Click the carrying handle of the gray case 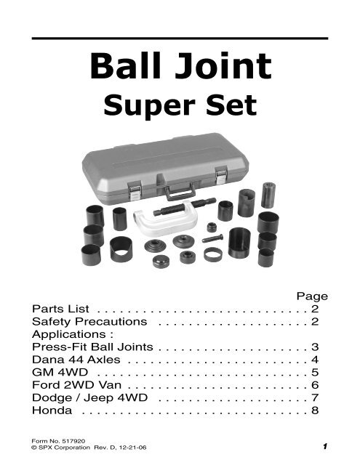(x=180, y=192)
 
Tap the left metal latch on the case (x=135, y=190)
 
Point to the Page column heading (x=312, y=296)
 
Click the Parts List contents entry (x=60, y=309)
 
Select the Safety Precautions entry (x=89, y=321)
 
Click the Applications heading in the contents (x=73, y=334)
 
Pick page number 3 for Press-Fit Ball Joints (x=315, y=347)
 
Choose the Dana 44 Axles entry (x=76, y=360)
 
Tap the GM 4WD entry (x=60, y=372)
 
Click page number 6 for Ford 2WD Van (x=315, y=385)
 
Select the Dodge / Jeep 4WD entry (x=89, y=397)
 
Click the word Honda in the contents (x=52, y=411)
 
